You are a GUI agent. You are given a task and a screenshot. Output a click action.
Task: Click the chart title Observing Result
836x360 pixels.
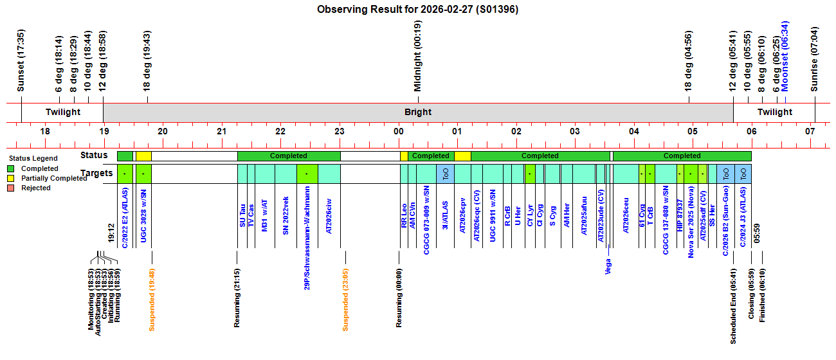[x=417, y=10]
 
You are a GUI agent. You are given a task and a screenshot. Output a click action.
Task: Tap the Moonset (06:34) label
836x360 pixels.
[x=785, y=57]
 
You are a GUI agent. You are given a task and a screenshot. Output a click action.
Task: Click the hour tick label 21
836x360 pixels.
[x=221, y=131]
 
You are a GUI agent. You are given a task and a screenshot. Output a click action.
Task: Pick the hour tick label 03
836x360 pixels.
[x=575, y=131]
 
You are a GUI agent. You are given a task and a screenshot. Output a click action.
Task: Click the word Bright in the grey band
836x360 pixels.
[x=418, y=113]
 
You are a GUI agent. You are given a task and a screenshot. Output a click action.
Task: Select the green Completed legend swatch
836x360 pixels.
[x=11, y=168]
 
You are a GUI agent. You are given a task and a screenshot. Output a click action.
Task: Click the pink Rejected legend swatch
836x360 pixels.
[x=11, y=188]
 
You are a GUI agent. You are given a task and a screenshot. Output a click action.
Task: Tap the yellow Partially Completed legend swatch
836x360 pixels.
[x=11, y=178]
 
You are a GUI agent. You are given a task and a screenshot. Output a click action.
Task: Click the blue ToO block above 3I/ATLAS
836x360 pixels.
[x=445, y=174]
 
